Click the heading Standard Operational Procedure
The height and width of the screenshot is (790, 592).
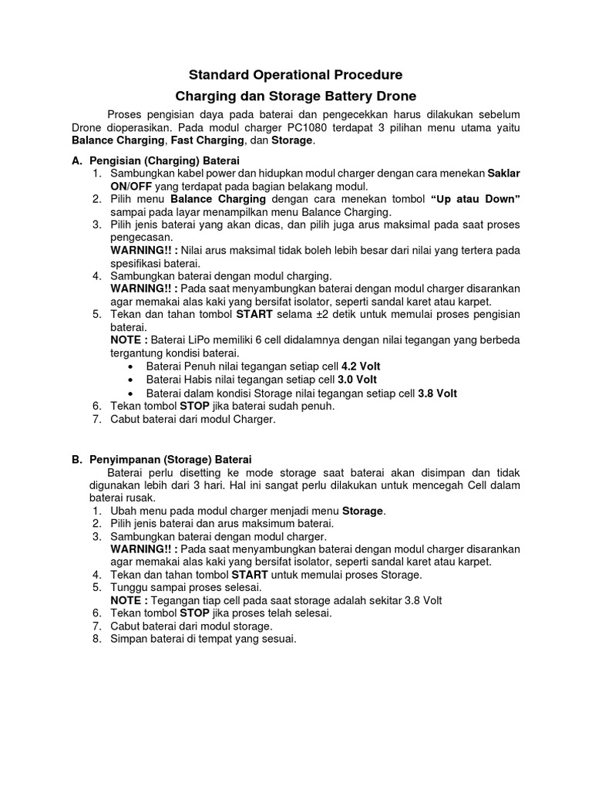tap(296, 75)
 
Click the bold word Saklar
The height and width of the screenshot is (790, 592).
tap(504, 174)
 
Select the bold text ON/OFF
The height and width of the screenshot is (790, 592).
tap(132, 186)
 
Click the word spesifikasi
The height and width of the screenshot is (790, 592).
tap(141, 262)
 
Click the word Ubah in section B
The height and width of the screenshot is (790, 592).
tap(125, 511)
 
